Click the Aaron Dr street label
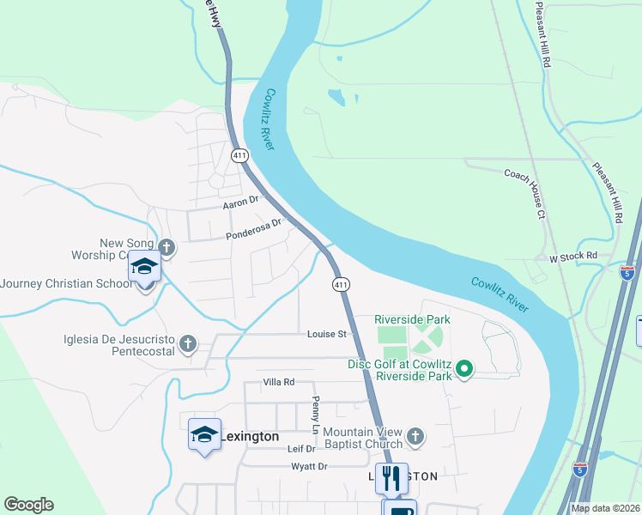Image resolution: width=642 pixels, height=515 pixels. (x=240, y=202)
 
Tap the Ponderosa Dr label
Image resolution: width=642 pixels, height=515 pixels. (x=253, y=229)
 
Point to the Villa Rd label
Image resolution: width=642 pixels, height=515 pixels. (x=279, y=382)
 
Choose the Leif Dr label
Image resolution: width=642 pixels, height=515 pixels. (x=301, y=449)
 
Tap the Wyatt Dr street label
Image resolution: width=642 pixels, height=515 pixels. (x=311, y=466)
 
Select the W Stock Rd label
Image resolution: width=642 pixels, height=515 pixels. (x=572, y=257)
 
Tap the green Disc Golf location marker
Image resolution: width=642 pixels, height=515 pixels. (x=464, y=369)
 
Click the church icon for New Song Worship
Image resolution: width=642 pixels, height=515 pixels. (x=167, y=249)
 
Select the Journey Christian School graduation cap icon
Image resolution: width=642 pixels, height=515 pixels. (x=145, y=269)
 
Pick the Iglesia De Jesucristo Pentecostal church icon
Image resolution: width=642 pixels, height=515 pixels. (x=188, y=345)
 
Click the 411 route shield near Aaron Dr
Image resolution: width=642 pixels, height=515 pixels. (x=239, y=155)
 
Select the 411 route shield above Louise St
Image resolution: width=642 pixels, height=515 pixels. (x=341, y=283)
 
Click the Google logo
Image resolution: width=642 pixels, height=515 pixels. (x=28, y=505)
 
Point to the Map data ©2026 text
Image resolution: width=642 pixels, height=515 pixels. (x=605, y=508)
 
